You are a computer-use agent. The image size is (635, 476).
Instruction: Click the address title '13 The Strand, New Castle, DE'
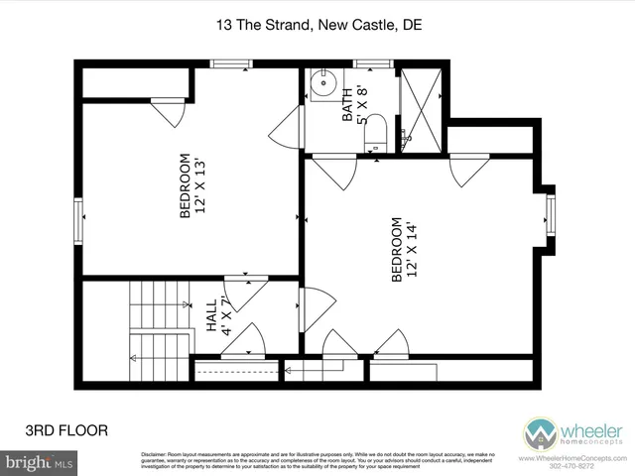point(317,27)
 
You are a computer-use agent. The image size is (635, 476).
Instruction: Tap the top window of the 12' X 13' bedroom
point(230,64)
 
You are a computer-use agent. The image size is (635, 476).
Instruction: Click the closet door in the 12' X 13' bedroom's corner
point(169,112)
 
